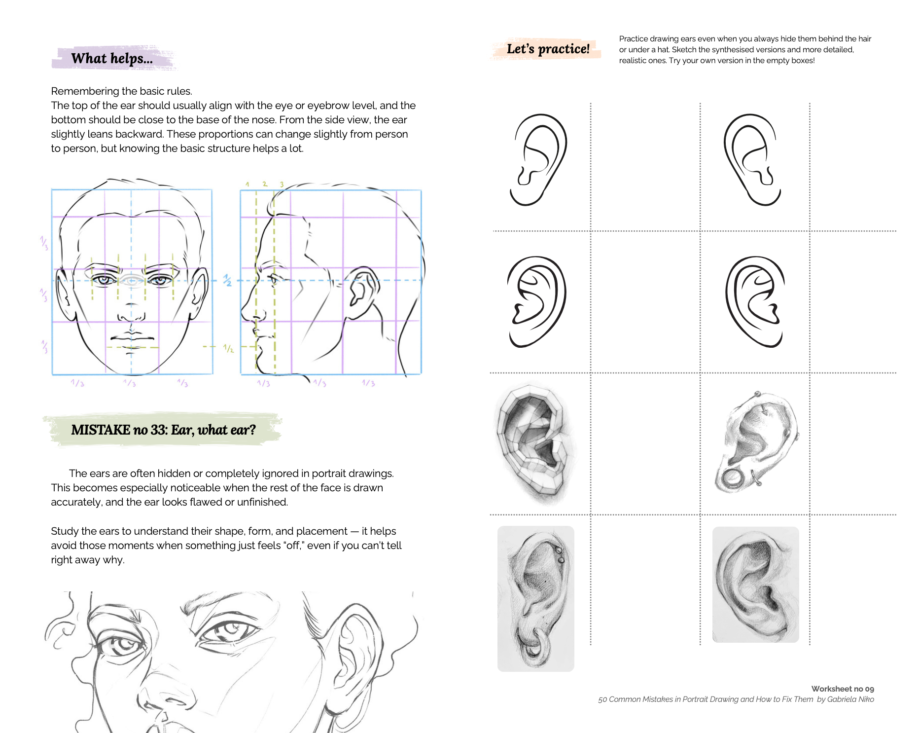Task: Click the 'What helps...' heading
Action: [x=112, y=59]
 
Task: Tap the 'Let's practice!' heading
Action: [x=548, y=49]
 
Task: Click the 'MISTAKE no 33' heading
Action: [x=163, y=430]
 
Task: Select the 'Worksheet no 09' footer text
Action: [x=842, y=689]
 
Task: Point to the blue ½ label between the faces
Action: [x=227, y=280]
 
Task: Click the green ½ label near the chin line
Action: [x=228, y=348]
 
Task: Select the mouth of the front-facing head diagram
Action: [x=132, y=338]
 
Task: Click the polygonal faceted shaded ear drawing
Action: [x=535, y=444]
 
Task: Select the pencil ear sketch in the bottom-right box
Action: [x=755, y=585]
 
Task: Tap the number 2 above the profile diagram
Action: [x=265, y=184]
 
